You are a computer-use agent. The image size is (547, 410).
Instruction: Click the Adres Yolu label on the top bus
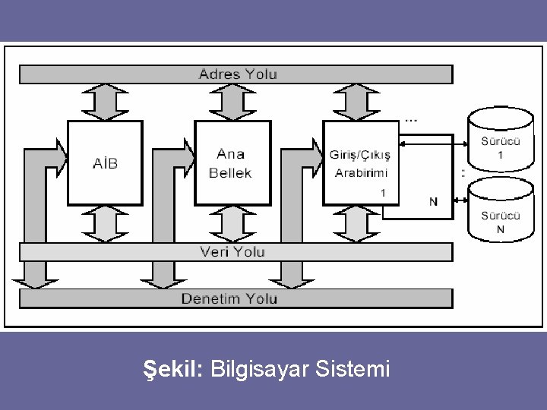pyautogui.click(x=238, y=74)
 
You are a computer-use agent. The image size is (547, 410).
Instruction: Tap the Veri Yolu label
pyautogui.click(x=232, y=251)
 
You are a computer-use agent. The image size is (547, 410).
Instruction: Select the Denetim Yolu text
pyautogui.click(x=229, y=298)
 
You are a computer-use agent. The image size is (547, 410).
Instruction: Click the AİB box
pyautogui.click(x=106, y=162)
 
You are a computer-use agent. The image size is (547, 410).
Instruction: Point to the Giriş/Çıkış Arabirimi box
pyautogui.click(x=361, y=162)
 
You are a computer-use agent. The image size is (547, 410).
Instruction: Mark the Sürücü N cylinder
pyautogui.click(x=500, y=213)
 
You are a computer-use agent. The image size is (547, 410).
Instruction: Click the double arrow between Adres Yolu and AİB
pyautogui.click(x=106, y=102)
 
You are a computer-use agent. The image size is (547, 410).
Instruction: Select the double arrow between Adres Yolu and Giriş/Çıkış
pyautogui.click(x=359, y=102)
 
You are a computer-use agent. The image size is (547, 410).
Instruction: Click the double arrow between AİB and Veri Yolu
pyautogui.click(x=106, y=223)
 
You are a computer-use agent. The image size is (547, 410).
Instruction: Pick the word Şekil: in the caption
pyautogui.click(x=172, y=370)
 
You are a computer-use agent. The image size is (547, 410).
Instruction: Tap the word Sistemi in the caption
pyautogui.click(x=360, y=370)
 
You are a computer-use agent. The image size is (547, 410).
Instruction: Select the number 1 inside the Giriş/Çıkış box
pyautogui.click(x=383, y=193)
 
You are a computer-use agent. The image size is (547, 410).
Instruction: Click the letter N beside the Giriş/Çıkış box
pyautogui.click(x=432, y=201)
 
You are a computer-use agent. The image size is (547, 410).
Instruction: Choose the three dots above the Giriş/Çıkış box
pyautogui.click(x=410, y=119)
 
